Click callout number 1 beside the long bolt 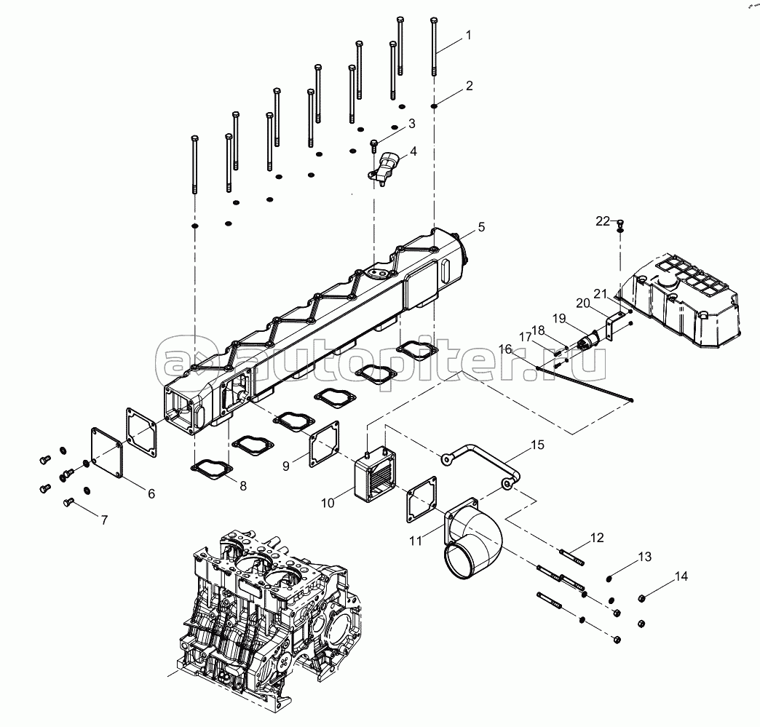click(469, 34)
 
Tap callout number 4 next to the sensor click(413, 151)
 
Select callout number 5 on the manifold click(481, 228)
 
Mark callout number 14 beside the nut click(680, 576)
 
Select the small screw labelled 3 click(374, 145)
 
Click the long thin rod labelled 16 click(582, 384)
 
